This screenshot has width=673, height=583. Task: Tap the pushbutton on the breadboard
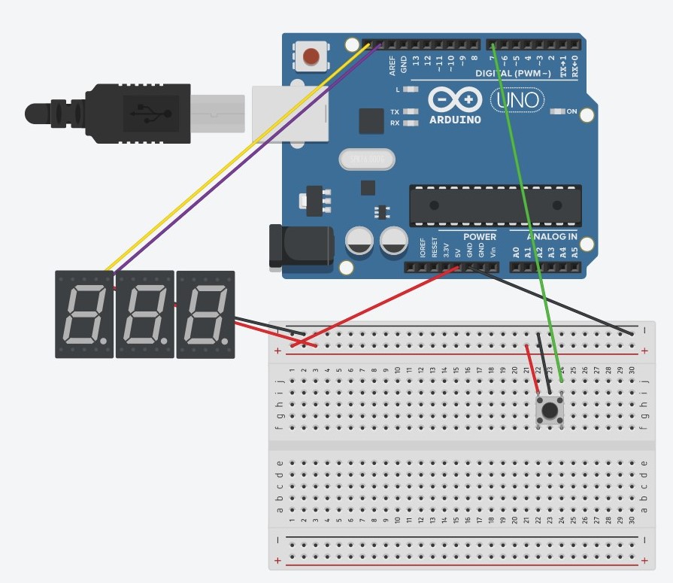[550, 411]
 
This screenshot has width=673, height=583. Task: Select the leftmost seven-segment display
[84, 314]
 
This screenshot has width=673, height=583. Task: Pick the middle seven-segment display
[144, 314]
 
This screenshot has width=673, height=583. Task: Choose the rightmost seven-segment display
[205, 314]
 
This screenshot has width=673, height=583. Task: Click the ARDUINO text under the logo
[455, 120]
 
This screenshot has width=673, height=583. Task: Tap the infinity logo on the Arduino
[455, 99]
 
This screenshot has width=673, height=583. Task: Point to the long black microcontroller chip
[495, 205]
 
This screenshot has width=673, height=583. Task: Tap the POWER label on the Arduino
[479, 237]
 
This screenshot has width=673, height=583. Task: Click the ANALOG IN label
[551, 237]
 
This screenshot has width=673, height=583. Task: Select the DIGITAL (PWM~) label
[513, 74]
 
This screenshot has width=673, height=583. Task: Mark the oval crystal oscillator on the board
[367, 159]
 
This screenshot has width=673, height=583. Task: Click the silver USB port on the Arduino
[290, 114]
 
